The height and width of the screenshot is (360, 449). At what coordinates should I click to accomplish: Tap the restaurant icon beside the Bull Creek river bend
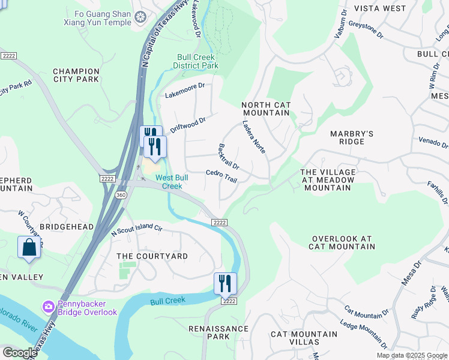(x=225, y=283)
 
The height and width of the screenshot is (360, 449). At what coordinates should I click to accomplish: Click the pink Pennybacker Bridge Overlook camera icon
(x=48, y=307)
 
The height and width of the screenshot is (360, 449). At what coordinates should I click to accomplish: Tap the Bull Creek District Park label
(x=196, y=61)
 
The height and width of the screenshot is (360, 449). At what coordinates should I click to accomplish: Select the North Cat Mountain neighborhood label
(x=266, y=109)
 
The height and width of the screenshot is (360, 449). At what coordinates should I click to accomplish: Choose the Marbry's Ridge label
(x=352, y=137)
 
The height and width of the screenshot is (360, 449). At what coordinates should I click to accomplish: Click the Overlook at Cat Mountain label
(x=342, y=242)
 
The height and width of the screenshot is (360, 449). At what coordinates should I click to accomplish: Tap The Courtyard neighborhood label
(x=152, y=256)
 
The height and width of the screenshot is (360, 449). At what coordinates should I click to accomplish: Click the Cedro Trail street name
(x=221, y=176)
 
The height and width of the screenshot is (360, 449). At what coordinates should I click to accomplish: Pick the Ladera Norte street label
(x=254, y=136)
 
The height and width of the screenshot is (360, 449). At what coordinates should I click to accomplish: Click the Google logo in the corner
(x=20, y=353)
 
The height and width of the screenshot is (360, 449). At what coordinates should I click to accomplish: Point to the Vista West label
(x=380, y=8)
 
